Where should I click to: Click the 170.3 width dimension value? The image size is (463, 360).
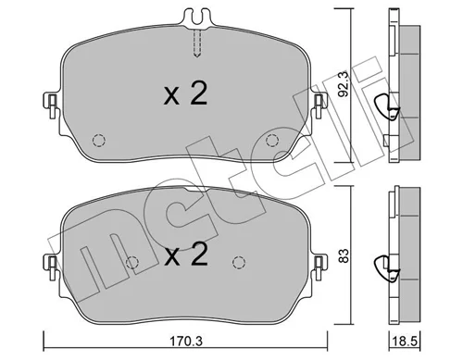[186, 341]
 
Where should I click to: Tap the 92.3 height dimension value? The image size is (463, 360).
[344, 84]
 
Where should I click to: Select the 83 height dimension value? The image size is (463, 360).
[344, 255]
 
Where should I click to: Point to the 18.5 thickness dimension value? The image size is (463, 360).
[405, 341]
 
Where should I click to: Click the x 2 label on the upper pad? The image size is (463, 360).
[185, 93]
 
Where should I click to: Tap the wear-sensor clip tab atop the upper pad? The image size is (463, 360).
[196, 18]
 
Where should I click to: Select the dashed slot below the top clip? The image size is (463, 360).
[197, 43]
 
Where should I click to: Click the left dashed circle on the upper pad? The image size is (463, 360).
[99, 141]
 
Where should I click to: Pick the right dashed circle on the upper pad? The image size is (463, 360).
[272, 141]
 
